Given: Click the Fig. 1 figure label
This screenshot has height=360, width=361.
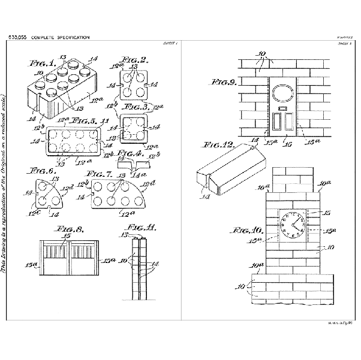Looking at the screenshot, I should coord(43,62).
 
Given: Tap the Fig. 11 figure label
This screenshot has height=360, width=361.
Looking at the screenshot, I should coord(140,228).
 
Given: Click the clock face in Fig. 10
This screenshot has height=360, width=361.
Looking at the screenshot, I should coord(293,223).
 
